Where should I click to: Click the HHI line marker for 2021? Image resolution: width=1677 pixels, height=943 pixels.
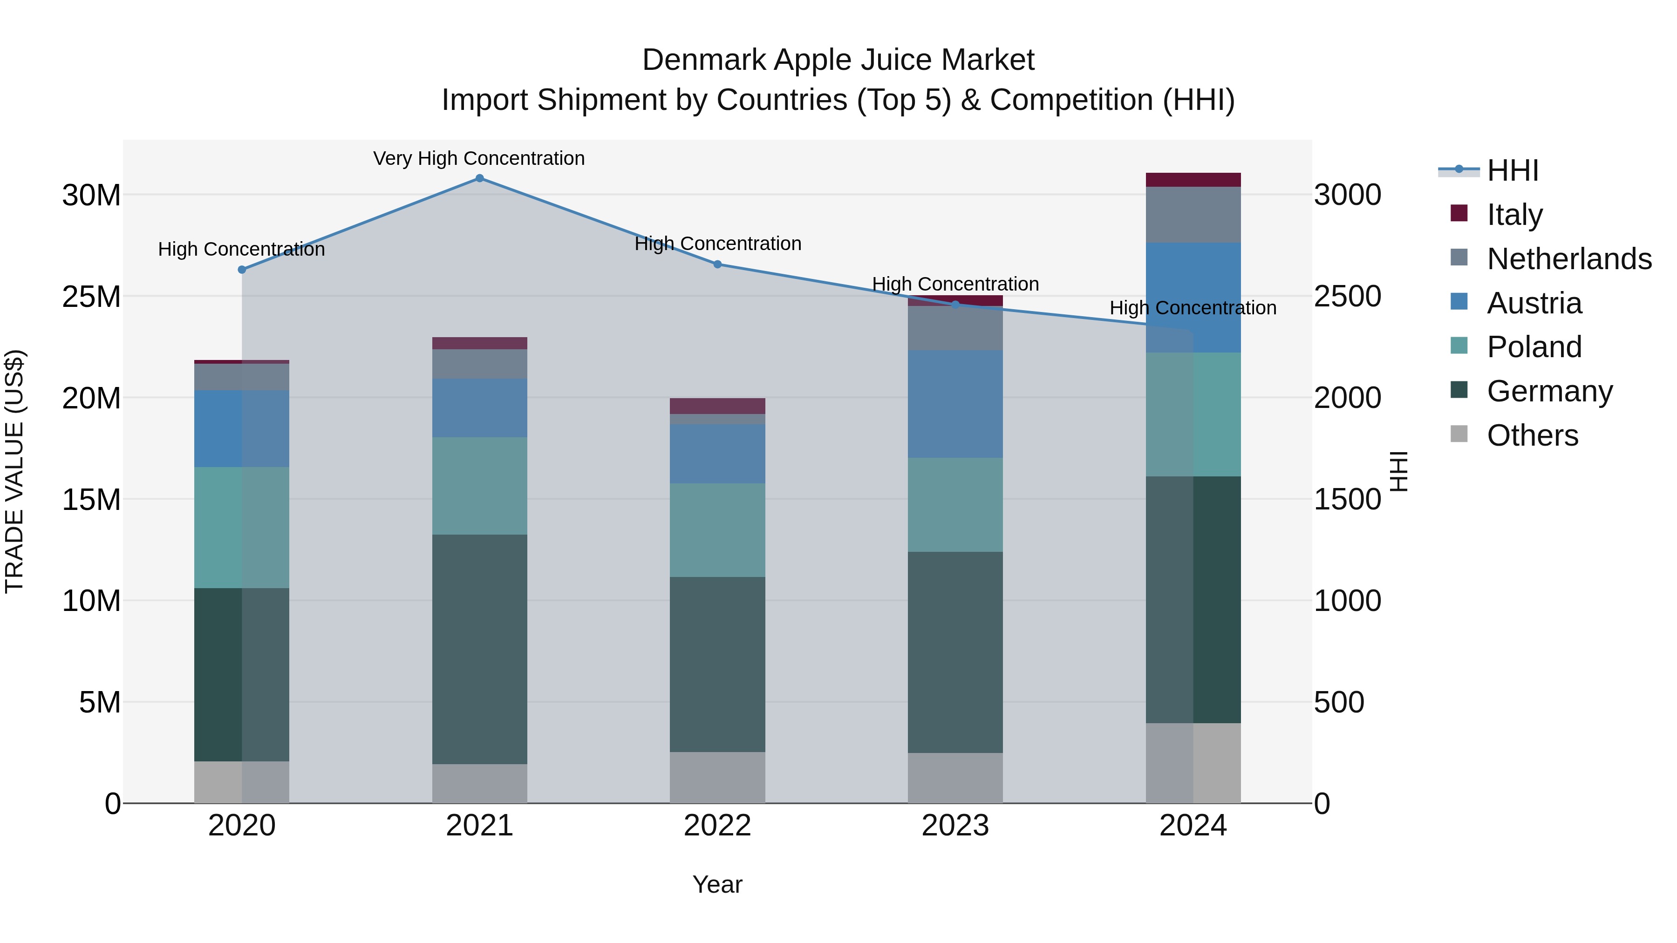click(x=479, y=178)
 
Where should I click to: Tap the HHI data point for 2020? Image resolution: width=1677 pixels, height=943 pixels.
click(x=241, y=270)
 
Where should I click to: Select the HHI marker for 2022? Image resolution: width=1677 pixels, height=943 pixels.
click(x=717, y=264)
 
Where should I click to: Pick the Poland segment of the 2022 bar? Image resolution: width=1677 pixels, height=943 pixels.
click(x=717, y=530)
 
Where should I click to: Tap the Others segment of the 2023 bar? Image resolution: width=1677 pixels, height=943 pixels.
click(x=955, y=778)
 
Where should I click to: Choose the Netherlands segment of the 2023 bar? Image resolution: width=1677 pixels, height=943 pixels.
click(x=955, y=328)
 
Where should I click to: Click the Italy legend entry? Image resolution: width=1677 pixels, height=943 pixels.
click(x=1514, y=214)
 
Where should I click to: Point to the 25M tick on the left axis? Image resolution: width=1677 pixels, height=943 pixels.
click(x=91, y=297)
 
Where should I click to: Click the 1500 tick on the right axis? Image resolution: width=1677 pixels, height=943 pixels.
click(x=1347, y=500)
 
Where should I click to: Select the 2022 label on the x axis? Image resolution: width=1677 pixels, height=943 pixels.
click(x=717, y=826)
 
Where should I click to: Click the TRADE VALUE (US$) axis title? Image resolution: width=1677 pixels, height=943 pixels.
click(x=14, y=471)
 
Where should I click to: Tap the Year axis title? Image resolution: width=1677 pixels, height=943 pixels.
click(x=717, y=884)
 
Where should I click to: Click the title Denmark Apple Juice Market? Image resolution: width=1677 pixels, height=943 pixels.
click(x=838, y=60)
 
